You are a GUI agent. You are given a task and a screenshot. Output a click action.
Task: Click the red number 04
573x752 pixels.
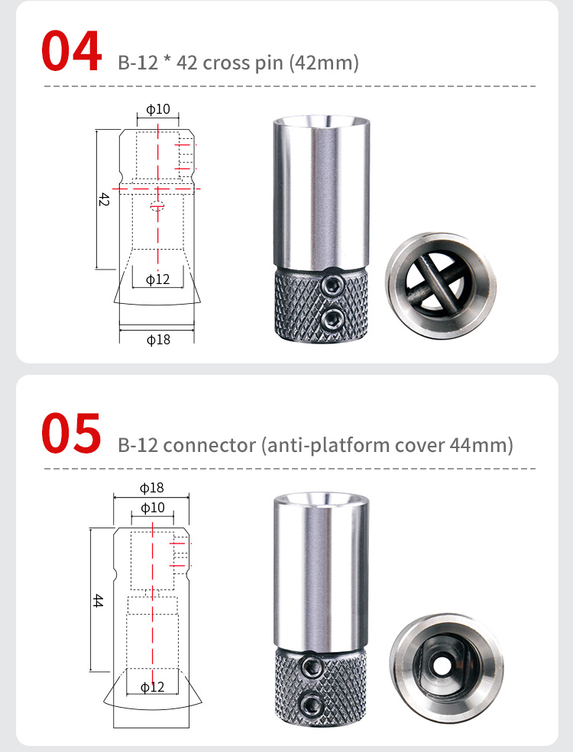point(71,51)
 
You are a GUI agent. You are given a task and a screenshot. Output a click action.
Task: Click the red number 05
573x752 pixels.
point(71,433)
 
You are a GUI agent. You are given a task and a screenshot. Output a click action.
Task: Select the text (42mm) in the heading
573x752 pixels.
point(324,63)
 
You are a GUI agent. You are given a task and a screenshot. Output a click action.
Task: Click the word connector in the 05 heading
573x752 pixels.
point(209,446)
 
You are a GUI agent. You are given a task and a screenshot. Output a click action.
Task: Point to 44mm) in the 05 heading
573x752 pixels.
point(481,445)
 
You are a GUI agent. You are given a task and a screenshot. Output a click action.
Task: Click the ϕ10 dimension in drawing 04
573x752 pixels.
point(158,109)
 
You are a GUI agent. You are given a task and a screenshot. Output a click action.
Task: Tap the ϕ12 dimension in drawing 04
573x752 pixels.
point(158,279)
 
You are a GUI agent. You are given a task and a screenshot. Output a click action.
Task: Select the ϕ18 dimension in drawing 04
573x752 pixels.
point(158,340)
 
